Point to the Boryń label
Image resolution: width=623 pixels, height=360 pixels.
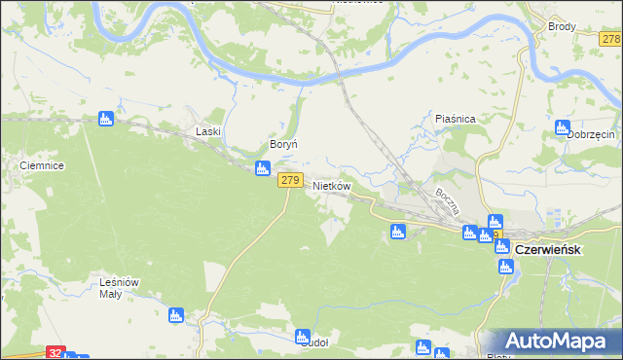[x=270, y=143]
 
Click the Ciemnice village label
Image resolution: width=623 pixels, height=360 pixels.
[x=42, y=166]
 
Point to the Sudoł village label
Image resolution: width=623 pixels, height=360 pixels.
[x=316, y=342]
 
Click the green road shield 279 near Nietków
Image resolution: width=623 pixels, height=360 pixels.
[x=289, y=180]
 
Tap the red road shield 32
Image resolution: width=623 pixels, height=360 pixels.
[x=56, y=352]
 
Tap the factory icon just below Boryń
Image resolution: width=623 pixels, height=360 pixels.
[x=262, y=169]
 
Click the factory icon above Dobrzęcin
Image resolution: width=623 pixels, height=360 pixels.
[x=563, y=126]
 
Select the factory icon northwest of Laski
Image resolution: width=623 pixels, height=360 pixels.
[x=106, y=119]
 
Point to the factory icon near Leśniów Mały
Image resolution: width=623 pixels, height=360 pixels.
[x=176, y=314]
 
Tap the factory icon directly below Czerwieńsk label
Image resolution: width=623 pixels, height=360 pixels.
[x=505, y=267]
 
